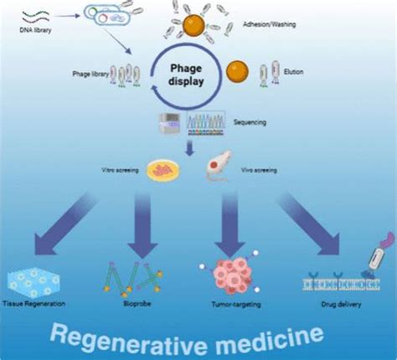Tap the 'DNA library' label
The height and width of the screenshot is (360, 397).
coord(28,32)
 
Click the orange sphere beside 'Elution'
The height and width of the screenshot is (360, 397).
coord(237,69)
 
